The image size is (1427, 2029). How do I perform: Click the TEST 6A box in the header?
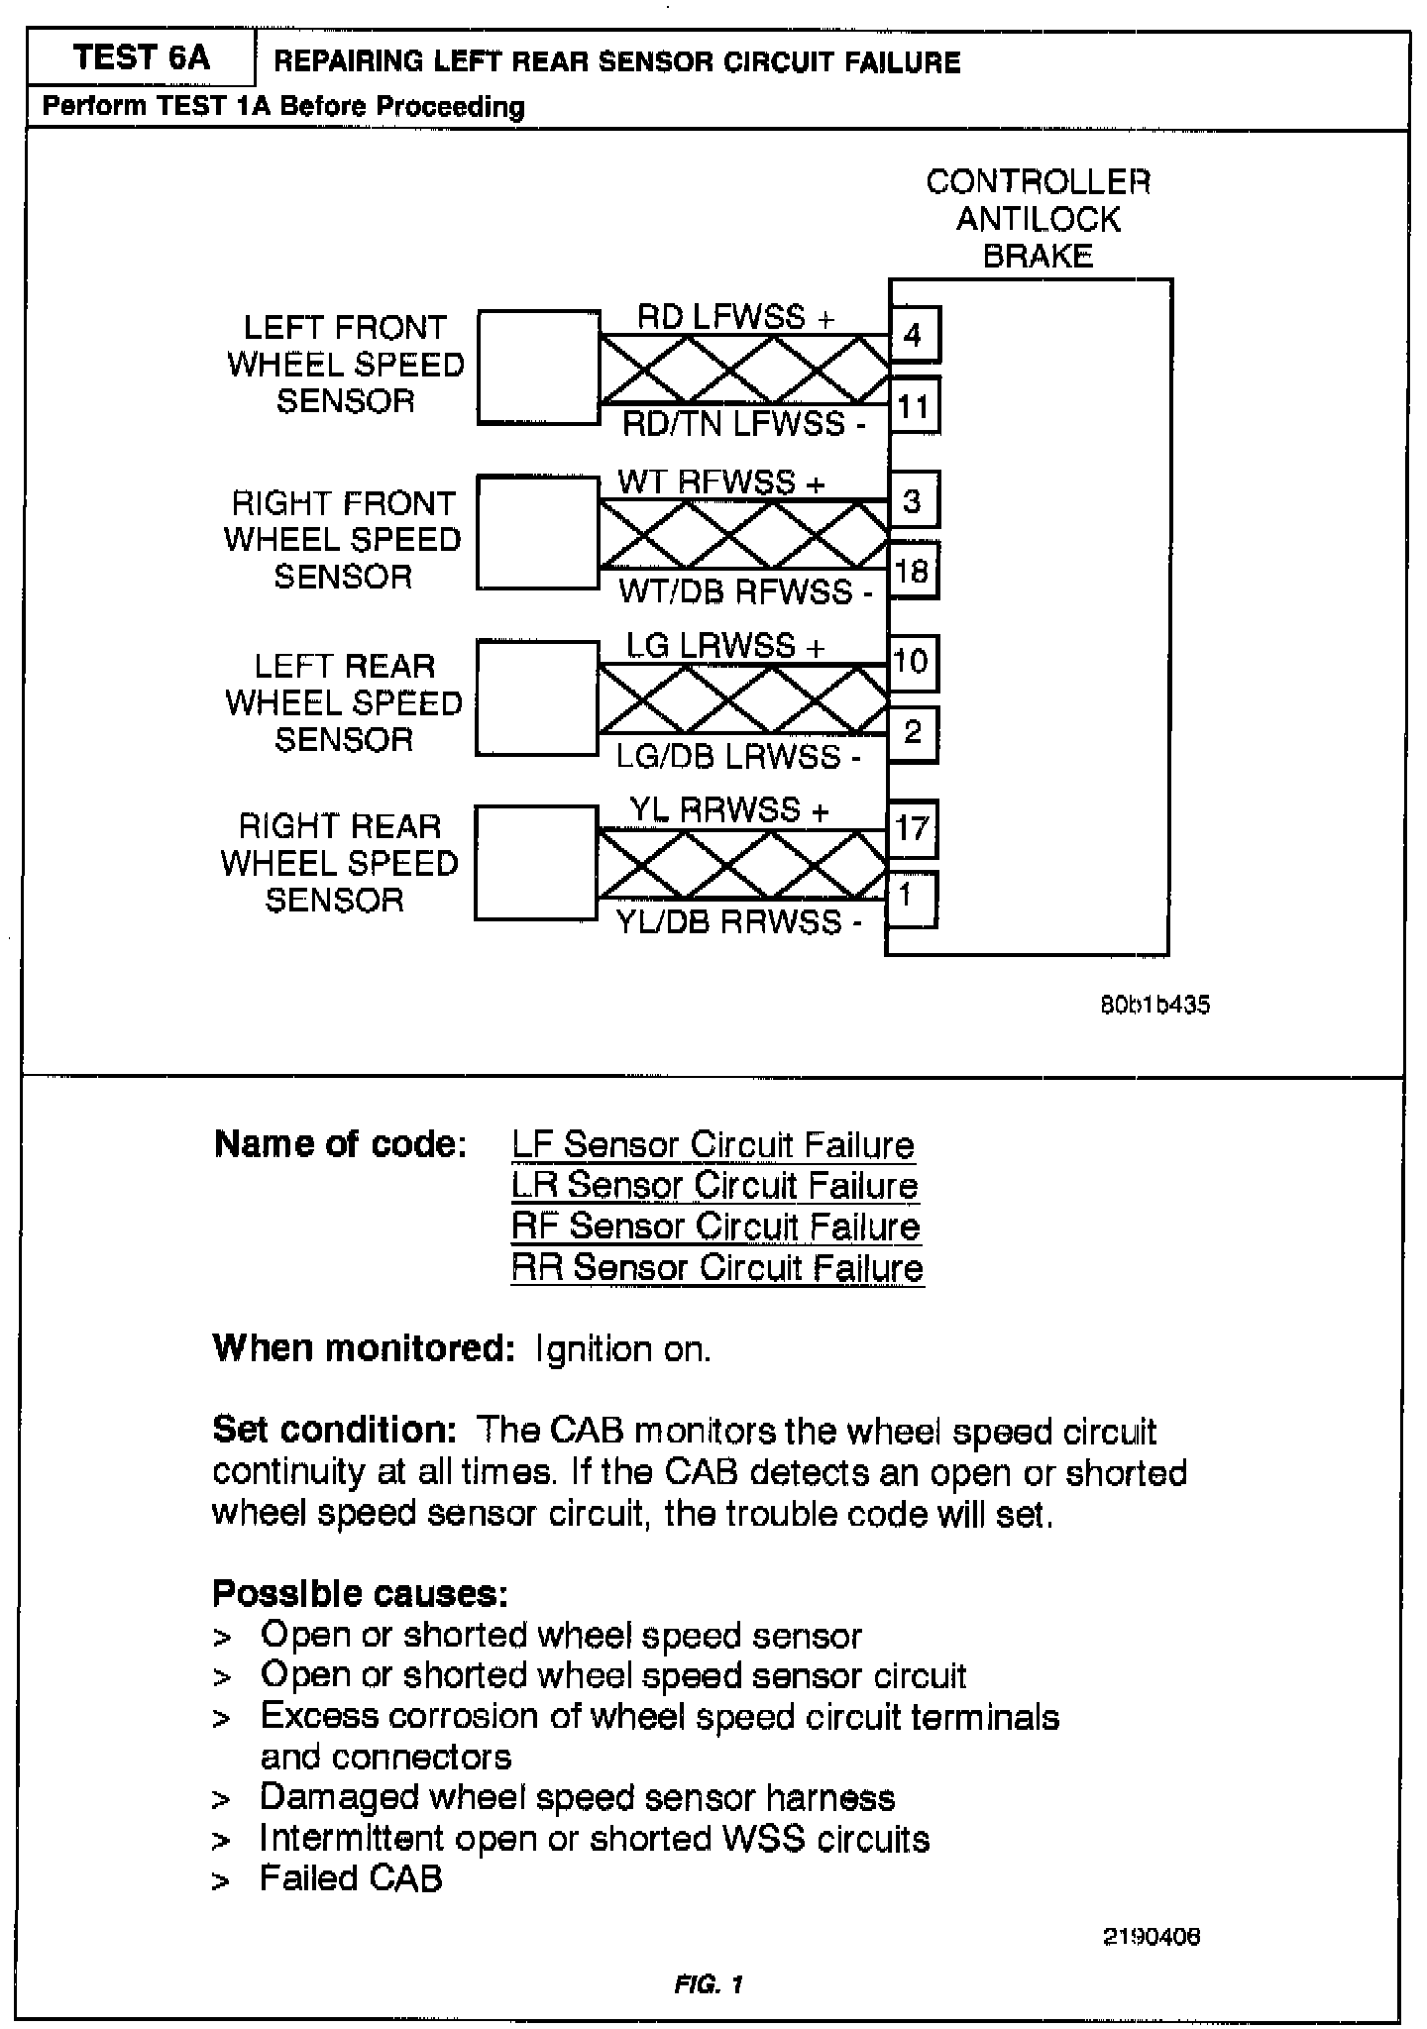tap(141, 58)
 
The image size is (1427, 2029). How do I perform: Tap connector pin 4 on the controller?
tap(914, 335)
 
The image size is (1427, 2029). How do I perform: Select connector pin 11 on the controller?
tap(914, 406)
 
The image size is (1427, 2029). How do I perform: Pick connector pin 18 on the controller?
tap(912, 571)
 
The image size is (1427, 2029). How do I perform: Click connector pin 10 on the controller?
tap(912, 662)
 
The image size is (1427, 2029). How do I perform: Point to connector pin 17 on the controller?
tap(912, 827)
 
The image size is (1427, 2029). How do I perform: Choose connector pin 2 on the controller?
tap(912, 733)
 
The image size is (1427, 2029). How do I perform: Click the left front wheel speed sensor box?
tap(538, 367)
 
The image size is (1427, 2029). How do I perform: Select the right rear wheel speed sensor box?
tap(535, 863)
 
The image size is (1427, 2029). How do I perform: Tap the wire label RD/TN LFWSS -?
tap(744, 425)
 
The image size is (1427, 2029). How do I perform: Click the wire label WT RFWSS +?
tap(720, 482)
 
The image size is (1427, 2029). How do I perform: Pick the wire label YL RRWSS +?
tap(728, 810)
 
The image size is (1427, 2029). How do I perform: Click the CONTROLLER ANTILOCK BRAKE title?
tap(1038, 218)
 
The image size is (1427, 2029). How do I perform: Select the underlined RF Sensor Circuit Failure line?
tap(715, 1227)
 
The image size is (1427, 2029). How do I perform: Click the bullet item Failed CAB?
tap(351, 1878)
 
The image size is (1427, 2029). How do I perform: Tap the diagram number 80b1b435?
tap(1154, 1005)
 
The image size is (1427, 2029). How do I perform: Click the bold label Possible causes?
tap(360, 1593)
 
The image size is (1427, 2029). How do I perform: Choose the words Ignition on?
tap(622, 1349)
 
